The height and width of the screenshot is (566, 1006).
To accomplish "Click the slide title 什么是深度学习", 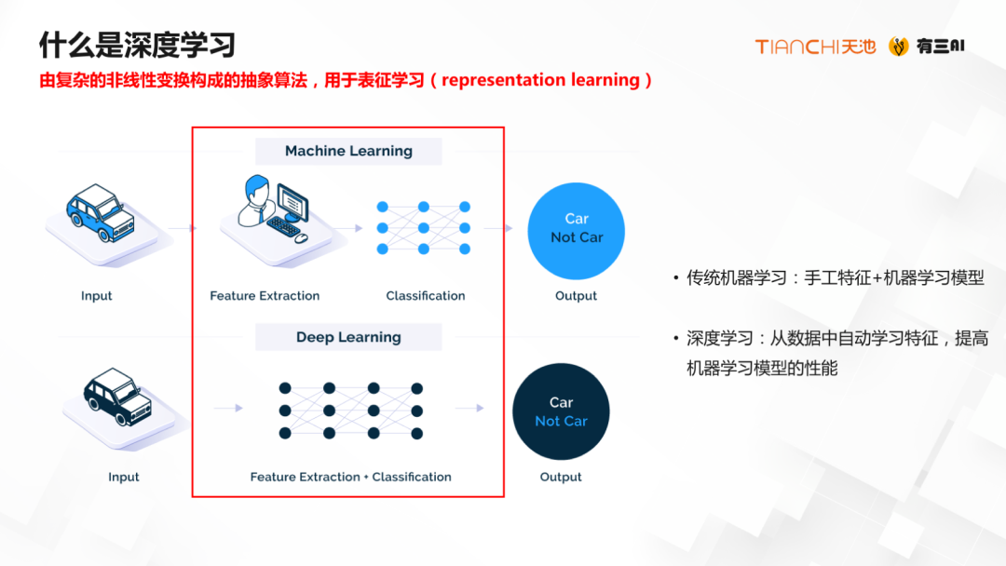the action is tap(136, 44).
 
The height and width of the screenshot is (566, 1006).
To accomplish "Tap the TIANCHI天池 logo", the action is tap(815, 47).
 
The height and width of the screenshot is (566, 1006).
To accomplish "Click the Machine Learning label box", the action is tap(348, 151).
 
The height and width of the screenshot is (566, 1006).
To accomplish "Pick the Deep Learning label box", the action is tap(348, 337).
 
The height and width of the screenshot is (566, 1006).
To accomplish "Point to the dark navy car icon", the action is tap(116, 397).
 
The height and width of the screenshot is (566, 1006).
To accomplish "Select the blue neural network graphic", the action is tap(423, 227).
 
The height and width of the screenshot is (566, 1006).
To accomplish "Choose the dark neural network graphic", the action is tap(350, 411).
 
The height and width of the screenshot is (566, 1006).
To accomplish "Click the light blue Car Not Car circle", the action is tap(576, 229).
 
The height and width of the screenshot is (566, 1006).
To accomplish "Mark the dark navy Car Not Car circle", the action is tap(561, 411).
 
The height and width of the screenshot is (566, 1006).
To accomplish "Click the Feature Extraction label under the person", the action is tap(265, 296).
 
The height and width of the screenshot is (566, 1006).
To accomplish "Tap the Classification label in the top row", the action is tap(426, 296).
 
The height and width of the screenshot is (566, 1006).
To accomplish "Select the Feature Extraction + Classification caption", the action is tap(350, 477).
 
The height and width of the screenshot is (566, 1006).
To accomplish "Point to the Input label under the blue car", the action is tap(96, 296).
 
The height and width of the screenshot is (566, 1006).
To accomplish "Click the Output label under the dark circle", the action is tap(561, 477).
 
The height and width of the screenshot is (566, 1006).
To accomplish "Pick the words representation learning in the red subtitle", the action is tap(540, 80).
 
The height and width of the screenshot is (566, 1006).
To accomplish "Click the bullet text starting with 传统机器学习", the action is tap(835, 277).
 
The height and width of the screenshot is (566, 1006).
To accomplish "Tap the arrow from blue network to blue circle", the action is tap(498, 228).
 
